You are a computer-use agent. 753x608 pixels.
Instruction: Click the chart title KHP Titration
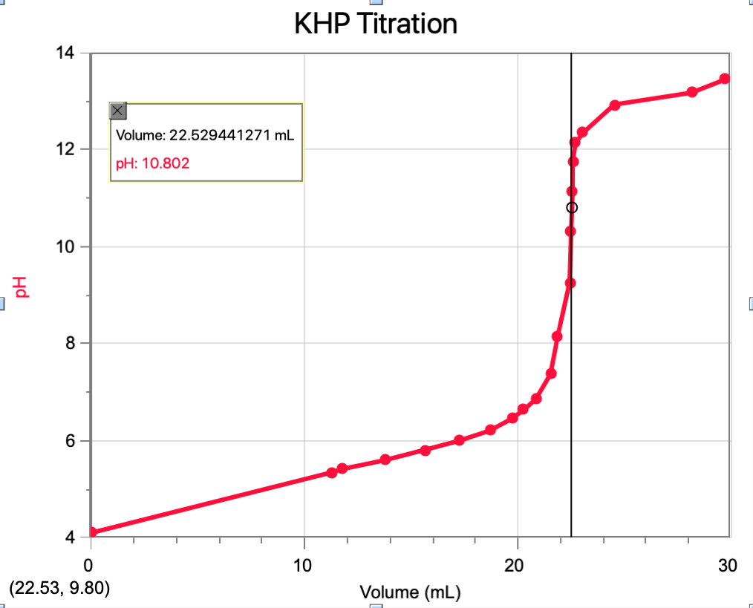[x=375, y=24]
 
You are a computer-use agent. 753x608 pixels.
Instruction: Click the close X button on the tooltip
[x=118, y=111]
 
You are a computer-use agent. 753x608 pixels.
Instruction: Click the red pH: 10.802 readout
[x=152, y=163]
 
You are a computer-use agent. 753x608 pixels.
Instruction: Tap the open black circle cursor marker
[x=571, y=207]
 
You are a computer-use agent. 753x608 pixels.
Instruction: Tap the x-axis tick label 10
[x=304, y=566]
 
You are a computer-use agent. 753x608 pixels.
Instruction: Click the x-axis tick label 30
[x=728, y=566]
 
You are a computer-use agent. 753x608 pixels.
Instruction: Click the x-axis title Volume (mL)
[x=410, y=592]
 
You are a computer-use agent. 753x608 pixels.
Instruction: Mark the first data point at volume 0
[x=91, y=532]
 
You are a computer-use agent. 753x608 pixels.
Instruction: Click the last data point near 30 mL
[x=725, y=79]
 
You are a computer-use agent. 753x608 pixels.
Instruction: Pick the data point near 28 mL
[x=691, y=92]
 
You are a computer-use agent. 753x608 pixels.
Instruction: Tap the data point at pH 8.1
[x=557, y=336]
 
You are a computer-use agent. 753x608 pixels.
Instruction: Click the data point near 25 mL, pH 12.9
[x=614, y=105]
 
